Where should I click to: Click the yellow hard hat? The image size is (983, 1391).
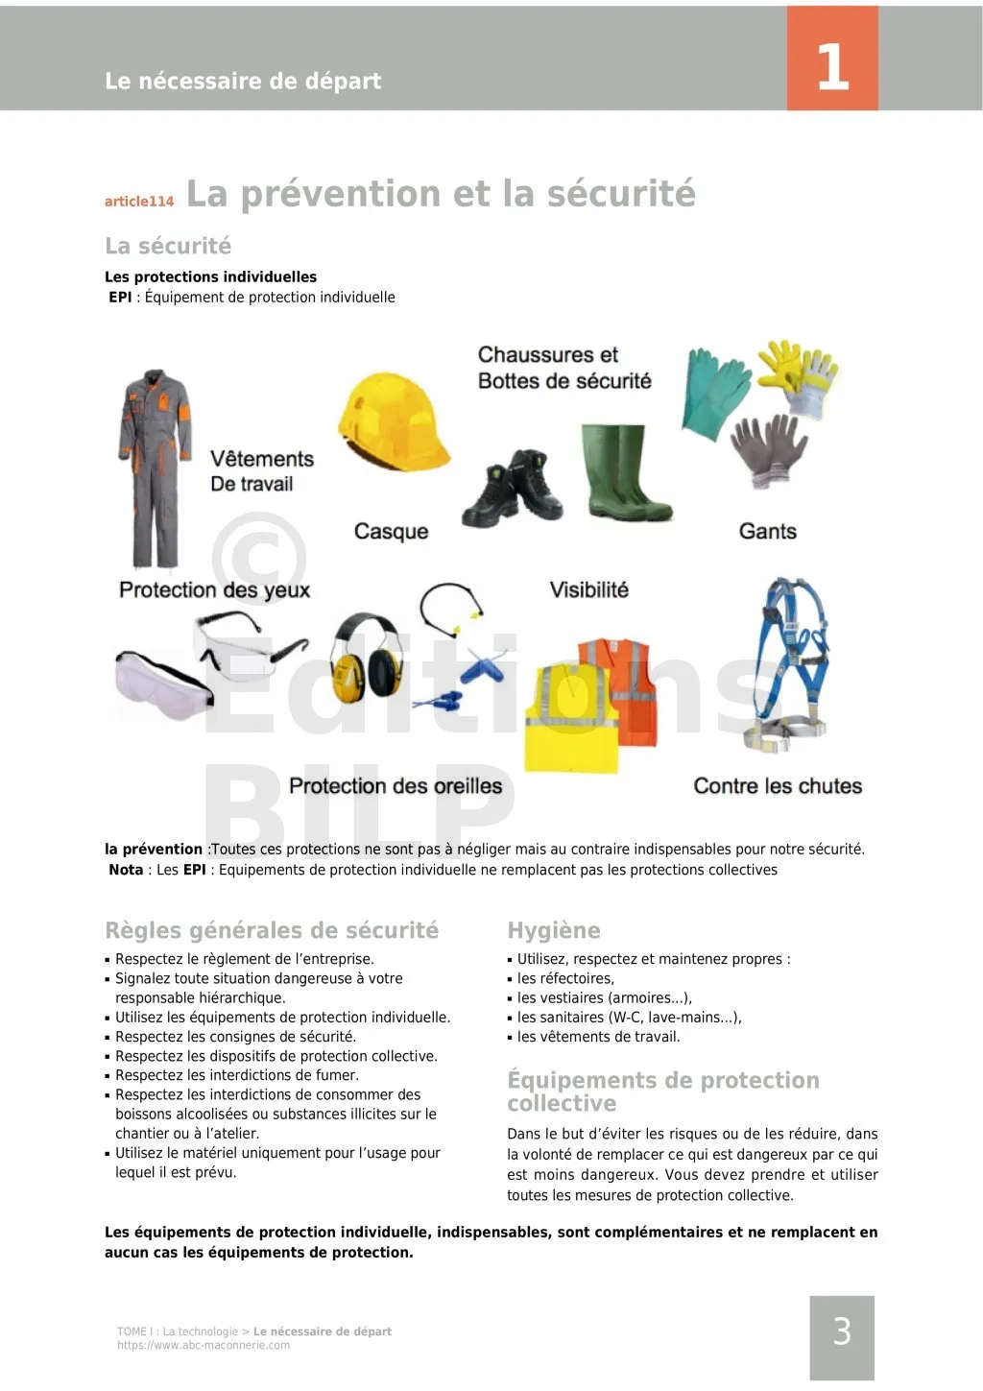pyautogui.click(x=393, y=422)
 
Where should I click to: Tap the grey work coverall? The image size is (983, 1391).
pyautogui.click(x=155, y=467)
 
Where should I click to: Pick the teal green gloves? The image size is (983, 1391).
pyautogui.click(x=715, y=394)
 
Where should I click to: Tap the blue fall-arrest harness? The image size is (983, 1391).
pyautogui.click(x=791, y=661)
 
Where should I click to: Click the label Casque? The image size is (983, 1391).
pyautogui.click(x=391, y=532)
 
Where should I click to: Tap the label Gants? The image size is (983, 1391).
pyautogui.click(x=767, y=532)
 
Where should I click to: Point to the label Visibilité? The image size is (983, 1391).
pyautogui.click(x=588, y=590)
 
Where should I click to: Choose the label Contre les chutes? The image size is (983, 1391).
pyautogui.click(x=778, y=786)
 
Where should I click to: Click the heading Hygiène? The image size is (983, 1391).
pyautogui.click(x=554, y=930)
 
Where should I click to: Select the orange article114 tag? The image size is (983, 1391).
pyautogui.click(x=139, y=202)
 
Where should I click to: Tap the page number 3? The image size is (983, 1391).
pyautogui.click(x=842, y=1332)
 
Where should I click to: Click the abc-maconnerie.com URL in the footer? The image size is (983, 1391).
pyautogui.click(x=204, y=1346)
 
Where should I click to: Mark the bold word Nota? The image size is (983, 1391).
pyautogui.click(x=126, y=870)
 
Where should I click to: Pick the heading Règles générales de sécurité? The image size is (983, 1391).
pyautogui.click(x=272, y=930)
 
